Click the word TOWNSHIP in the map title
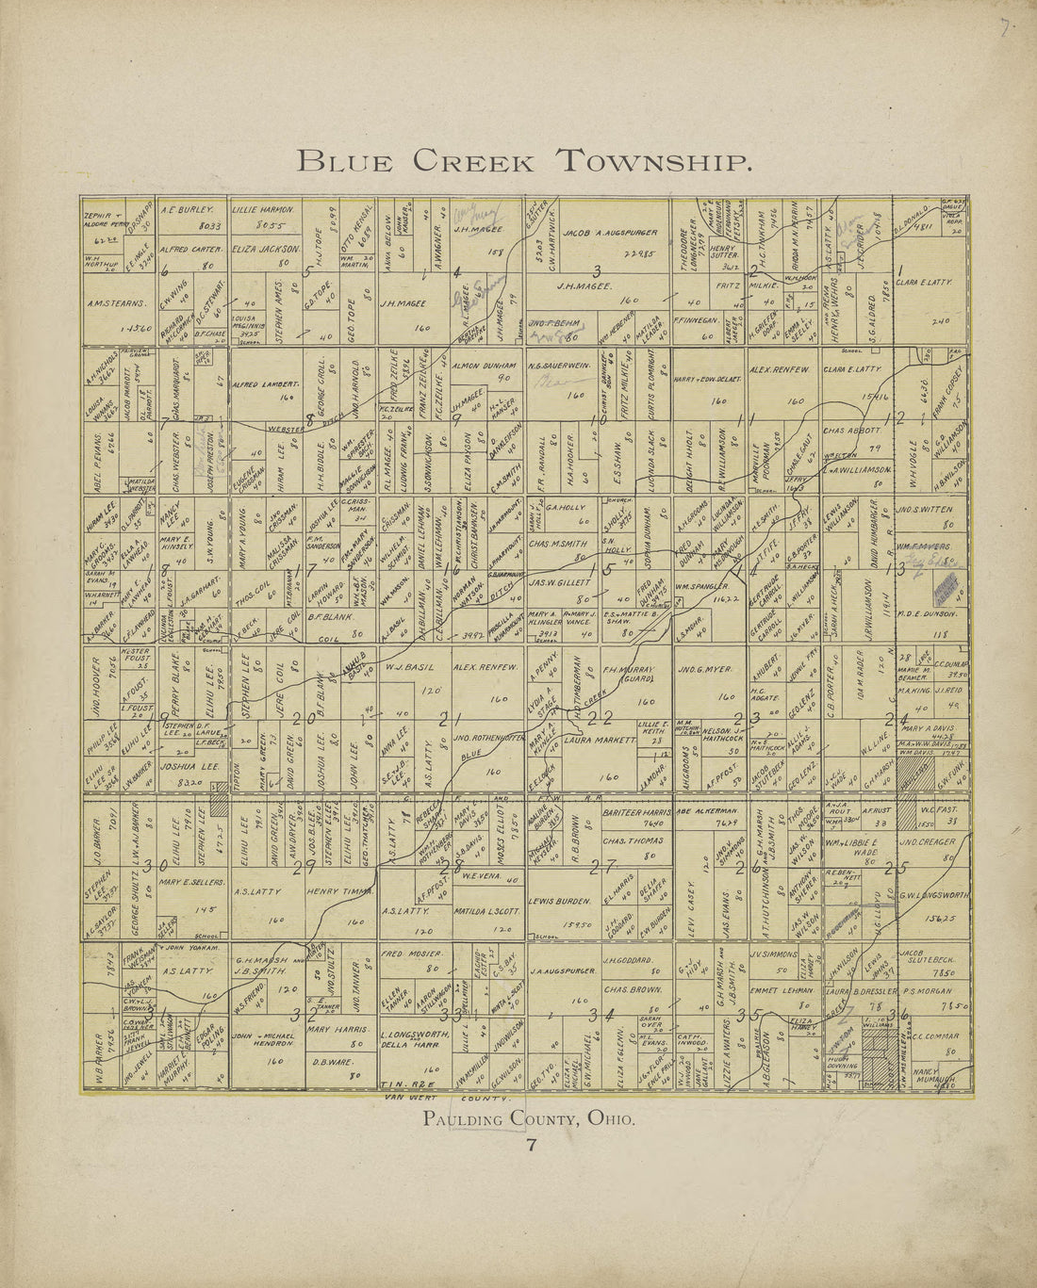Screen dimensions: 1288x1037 click(654, 161)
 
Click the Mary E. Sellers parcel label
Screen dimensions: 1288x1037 click(190, 883)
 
